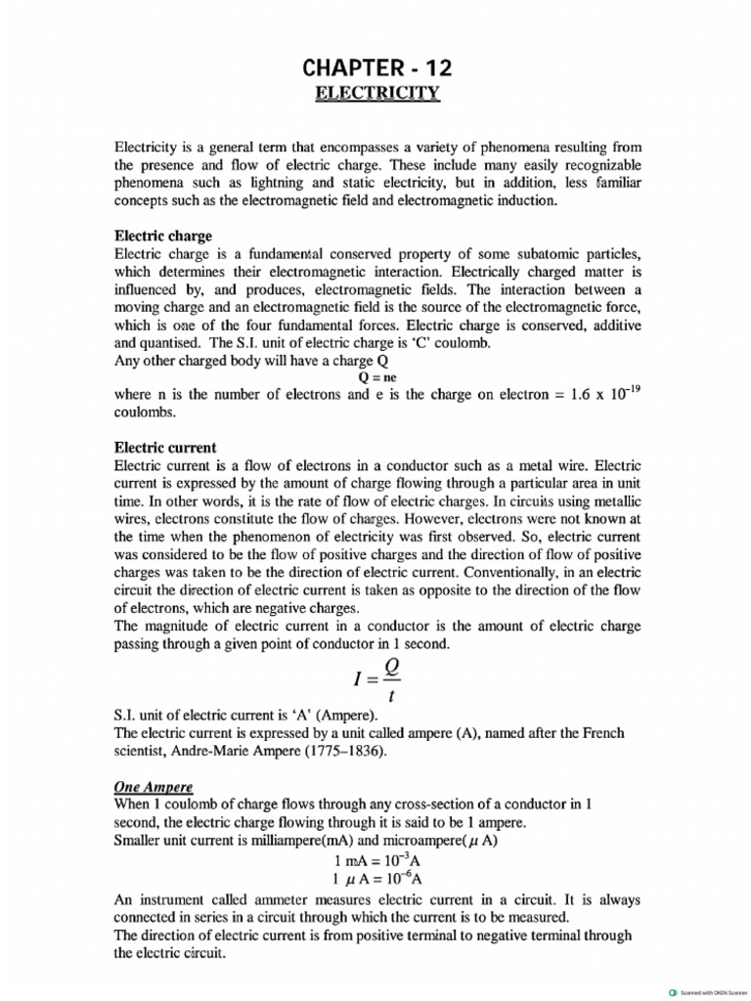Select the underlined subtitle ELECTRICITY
point(377,94)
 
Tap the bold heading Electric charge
point(163,237)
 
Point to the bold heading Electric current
point(165,447)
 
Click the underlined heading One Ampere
point(154,785)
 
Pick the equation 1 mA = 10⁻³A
point(376,860)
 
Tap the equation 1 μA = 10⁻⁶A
point(376,879)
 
